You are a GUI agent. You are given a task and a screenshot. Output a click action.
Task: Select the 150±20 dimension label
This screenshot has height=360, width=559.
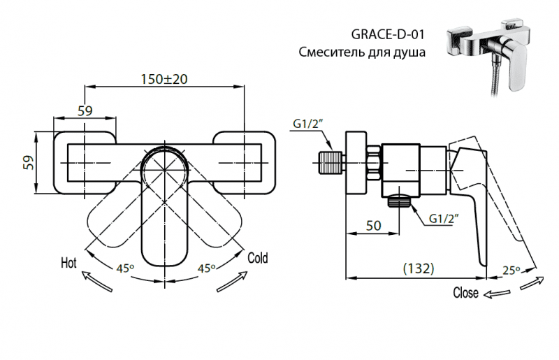pos(164,79)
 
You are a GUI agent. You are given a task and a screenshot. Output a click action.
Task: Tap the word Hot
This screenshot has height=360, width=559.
pos(68,263)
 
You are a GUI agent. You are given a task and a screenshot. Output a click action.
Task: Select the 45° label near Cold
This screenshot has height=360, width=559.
pos(205,268)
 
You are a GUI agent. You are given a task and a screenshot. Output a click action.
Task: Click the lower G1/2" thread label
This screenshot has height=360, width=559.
pos(443,219)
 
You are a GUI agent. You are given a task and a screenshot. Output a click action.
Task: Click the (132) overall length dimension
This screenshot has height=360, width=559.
pos(419,268)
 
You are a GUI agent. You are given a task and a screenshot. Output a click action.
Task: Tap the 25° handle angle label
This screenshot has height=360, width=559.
pos(511,270)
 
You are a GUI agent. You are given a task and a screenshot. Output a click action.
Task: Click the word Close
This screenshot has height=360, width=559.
pos(466,292)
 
